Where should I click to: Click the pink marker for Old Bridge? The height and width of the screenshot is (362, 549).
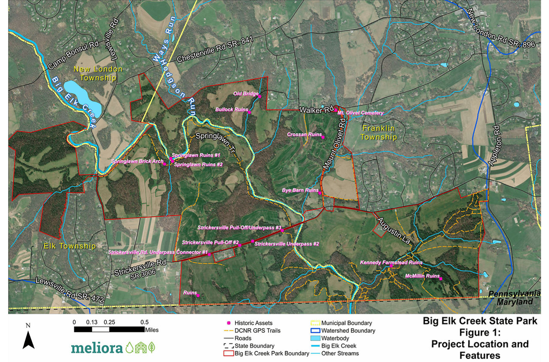click(x=260, y=96)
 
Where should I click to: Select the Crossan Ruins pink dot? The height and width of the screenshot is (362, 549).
click(x=323, y=138)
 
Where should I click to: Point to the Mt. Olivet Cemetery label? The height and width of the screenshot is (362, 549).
click(x=360, y=113)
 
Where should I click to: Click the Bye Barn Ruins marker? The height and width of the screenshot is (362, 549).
click(x=320, y=193)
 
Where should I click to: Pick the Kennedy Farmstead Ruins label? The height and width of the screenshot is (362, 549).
click(x=391, y=262)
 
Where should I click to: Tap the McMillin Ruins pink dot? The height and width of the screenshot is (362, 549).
click(x=440, y=279)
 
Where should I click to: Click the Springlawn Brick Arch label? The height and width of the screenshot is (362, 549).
click(x=137, y=162)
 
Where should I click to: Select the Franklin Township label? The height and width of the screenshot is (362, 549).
click(x=380, y=133)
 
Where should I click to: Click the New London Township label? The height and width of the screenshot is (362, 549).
click(x=98, y=73)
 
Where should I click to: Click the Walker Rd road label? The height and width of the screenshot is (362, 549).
click(x=317, y=110)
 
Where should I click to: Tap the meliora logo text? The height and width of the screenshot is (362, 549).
click(x=97, y=347)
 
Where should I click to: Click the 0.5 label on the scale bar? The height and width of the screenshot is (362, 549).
click(x=144, y=322)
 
